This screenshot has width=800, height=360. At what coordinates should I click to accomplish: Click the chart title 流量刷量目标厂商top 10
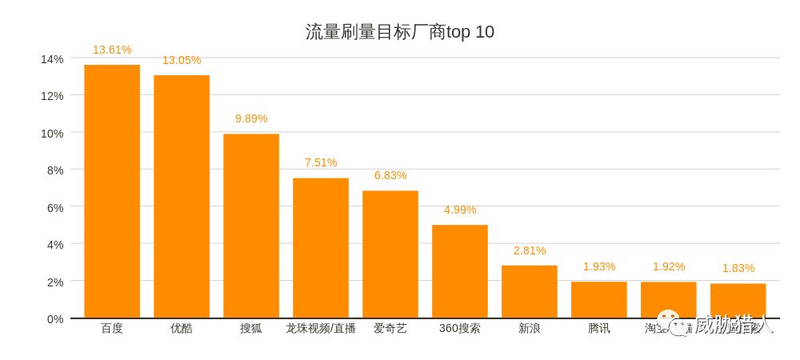(x=399, y=32)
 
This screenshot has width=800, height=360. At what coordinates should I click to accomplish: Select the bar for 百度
(x=112, y=192)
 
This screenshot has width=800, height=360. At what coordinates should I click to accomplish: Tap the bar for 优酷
(x=182, y=197)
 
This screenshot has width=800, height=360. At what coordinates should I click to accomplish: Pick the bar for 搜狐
(x=251, y=226)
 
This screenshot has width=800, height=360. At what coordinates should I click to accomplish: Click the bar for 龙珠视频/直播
(x=321, y=248)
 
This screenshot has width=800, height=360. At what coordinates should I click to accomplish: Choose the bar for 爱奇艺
(x=390, y=254)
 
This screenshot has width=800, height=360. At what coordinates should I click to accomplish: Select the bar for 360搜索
(x=460, y=272)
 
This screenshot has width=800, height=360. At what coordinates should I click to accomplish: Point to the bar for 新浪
(x=530, y=292)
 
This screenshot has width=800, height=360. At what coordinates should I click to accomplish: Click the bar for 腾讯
(x=599, y=300)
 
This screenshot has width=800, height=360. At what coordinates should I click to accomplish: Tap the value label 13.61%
(x=112, y=50)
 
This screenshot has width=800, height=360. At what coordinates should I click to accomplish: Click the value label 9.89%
(x=251, y=118)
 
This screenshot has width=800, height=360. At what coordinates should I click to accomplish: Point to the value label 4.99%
(x=460, y=210)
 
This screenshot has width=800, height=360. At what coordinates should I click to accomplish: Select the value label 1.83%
(x=738, y=269)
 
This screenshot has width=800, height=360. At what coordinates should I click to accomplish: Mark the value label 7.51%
(x=321, y=162)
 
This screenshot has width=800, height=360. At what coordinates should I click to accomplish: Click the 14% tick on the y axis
(x=52, y=58)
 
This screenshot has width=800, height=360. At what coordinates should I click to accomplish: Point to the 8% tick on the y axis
(x=54, y=170)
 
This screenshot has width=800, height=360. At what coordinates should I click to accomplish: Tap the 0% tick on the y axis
(x=54, y=318)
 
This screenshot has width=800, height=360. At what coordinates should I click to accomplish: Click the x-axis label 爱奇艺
(x=390, y=328)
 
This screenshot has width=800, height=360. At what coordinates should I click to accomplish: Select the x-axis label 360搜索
(x=460, y=328)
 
